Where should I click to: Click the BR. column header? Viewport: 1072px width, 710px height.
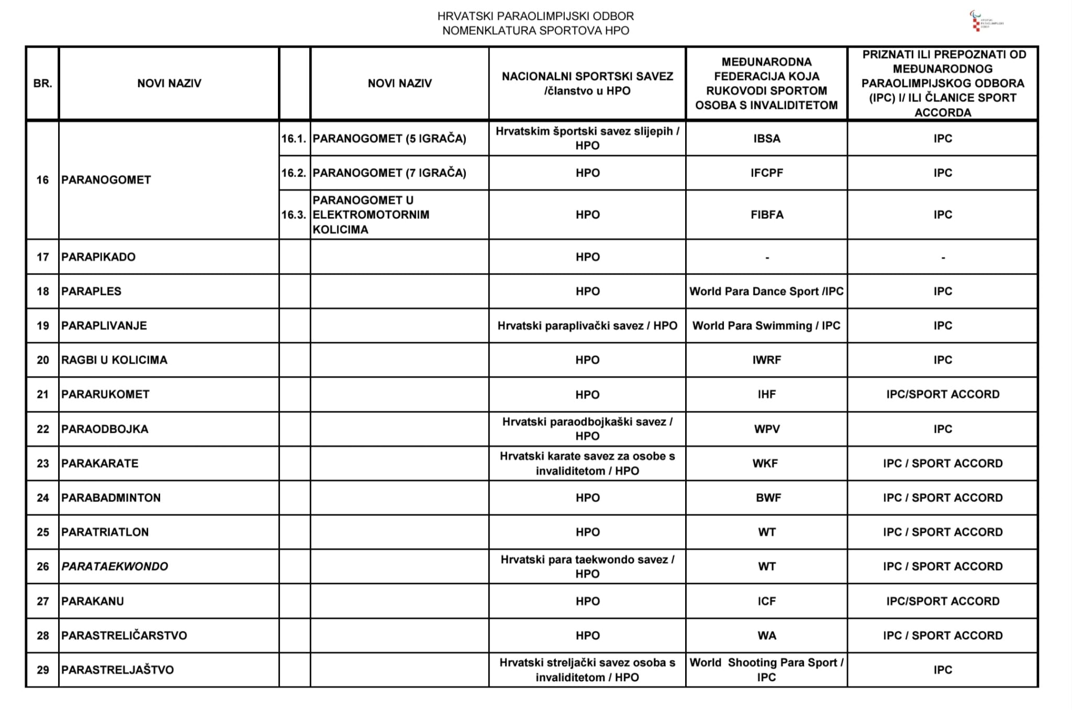point(42,83)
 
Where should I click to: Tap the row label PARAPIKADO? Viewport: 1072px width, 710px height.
point(98,257)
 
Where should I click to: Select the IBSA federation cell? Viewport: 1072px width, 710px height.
point(766,138)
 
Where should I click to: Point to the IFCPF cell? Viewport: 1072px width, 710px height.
point(766,173)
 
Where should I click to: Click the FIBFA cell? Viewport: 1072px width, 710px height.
point(766,215)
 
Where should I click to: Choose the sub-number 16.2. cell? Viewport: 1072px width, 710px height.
point(294,173)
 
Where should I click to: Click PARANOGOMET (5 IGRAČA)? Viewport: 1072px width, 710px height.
point(389,138)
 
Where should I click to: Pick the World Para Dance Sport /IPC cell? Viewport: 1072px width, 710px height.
point(766,291)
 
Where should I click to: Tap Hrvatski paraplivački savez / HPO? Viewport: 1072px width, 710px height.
point(587,326)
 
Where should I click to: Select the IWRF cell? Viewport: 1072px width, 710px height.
point(766,360)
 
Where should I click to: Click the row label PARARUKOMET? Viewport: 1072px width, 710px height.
point(105,395)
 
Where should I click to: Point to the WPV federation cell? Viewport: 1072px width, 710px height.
point(766,429)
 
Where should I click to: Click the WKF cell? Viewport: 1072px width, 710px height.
point(765,463)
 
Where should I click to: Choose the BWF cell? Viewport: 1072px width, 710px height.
point(768,498)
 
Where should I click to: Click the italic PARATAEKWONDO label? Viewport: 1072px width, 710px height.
point(115,566)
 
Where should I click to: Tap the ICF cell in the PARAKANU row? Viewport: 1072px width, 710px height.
point(766,601)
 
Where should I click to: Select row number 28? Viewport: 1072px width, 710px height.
point(42,636)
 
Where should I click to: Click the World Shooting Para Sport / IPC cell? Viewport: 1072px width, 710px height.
point(766,670)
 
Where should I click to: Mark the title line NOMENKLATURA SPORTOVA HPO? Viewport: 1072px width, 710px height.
point(535,30)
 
